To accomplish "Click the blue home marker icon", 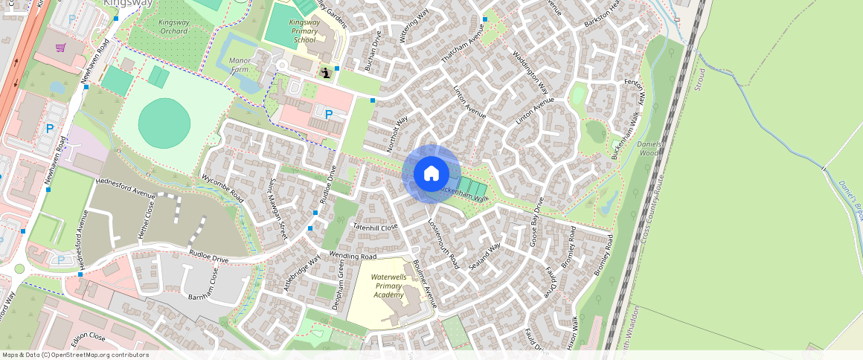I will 431,174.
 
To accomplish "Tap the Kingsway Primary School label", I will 304,31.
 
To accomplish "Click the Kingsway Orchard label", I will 173,27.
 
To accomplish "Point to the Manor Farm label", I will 240,65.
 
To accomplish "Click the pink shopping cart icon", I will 61,48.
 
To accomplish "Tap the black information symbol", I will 326,72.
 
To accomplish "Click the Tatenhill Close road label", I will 376,226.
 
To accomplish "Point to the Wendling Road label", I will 353,256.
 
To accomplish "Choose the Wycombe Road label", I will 222,189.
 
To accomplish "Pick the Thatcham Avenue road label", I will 463,44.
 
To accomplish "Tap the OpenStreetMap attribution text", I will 76,355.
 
